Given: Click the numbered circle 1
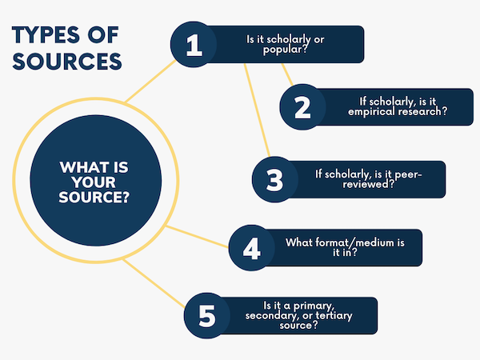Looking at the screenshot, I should [194, 45].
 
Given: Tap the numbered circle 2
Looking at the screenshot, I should [302, 108].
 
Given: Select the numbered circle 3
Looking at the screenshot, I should [274, 179].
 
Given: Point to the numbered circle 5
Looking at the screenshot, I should [207, 316].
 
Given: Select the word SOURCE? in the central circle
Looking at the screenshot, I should [94, 197].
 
